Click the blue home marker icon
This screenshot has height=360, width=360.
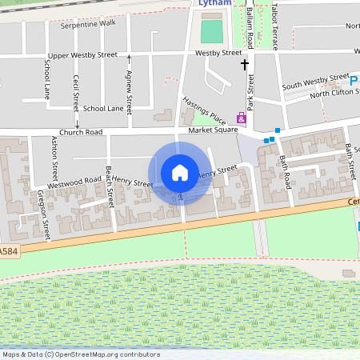180,172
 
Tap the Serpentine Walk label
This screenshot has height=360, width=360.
88,23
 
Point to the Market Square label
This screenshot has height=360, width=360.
213,130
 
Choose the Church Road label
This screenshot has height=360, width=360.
81,132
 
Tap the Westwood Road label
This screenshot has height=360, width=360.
77,184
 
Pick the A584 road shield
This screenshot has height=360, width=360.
7,251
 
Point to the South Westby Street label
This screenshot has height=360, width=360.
315,82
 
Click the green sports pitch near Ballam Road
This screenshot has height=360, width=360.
212,32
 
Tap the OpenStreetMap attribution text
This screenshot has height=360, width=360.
81,354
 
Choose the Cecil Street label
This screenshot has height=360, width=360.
76,92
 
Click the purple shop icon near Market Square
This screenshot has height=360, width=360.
241,118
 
